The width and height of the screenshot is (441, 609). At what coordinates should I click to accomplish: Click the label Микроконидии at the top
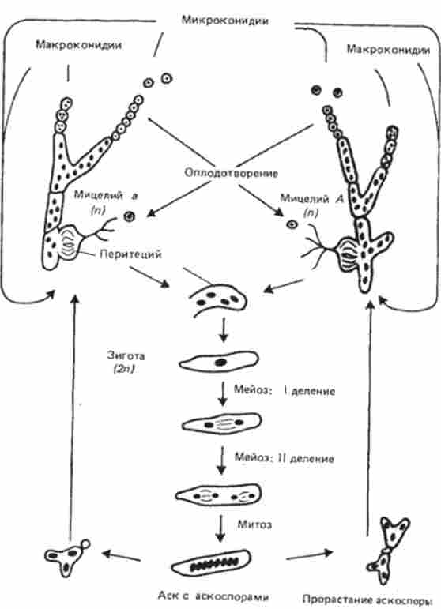[x=220, y=20]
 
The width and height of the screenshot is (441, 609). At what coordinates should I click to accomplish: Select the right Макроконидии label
[x=385, y=49]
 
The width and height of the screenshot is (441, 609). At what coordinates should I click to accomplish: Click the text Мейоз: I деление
[x=286, y=390]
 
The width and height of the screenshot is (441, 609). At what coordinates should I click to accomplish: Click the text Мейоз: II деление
[x=288, y=457]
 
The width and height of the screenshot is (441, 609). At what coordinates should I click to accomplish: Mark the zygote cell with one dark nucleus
[x=216, y=363]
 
